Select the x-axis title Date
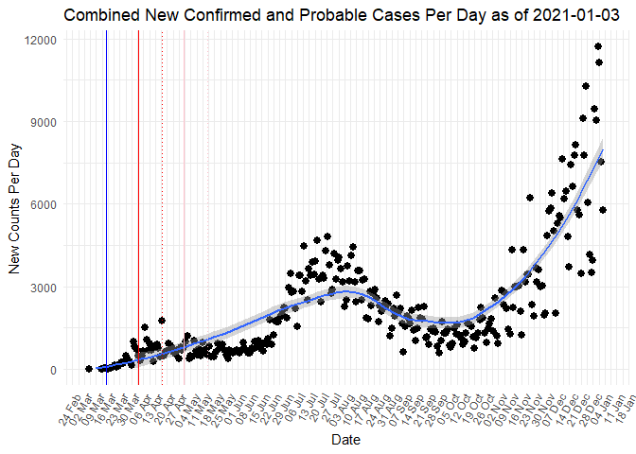coord(344,440)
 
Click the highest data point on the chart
coord(598,46)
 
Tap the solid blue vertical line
coord(106,189)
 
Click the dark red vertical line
coord(138,189)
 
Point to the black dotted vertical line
coord(162,189)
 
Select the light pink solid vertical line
coord(184,189)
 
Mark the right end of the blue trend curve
coord(603,150)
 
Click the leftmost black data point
coord(89,369)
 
